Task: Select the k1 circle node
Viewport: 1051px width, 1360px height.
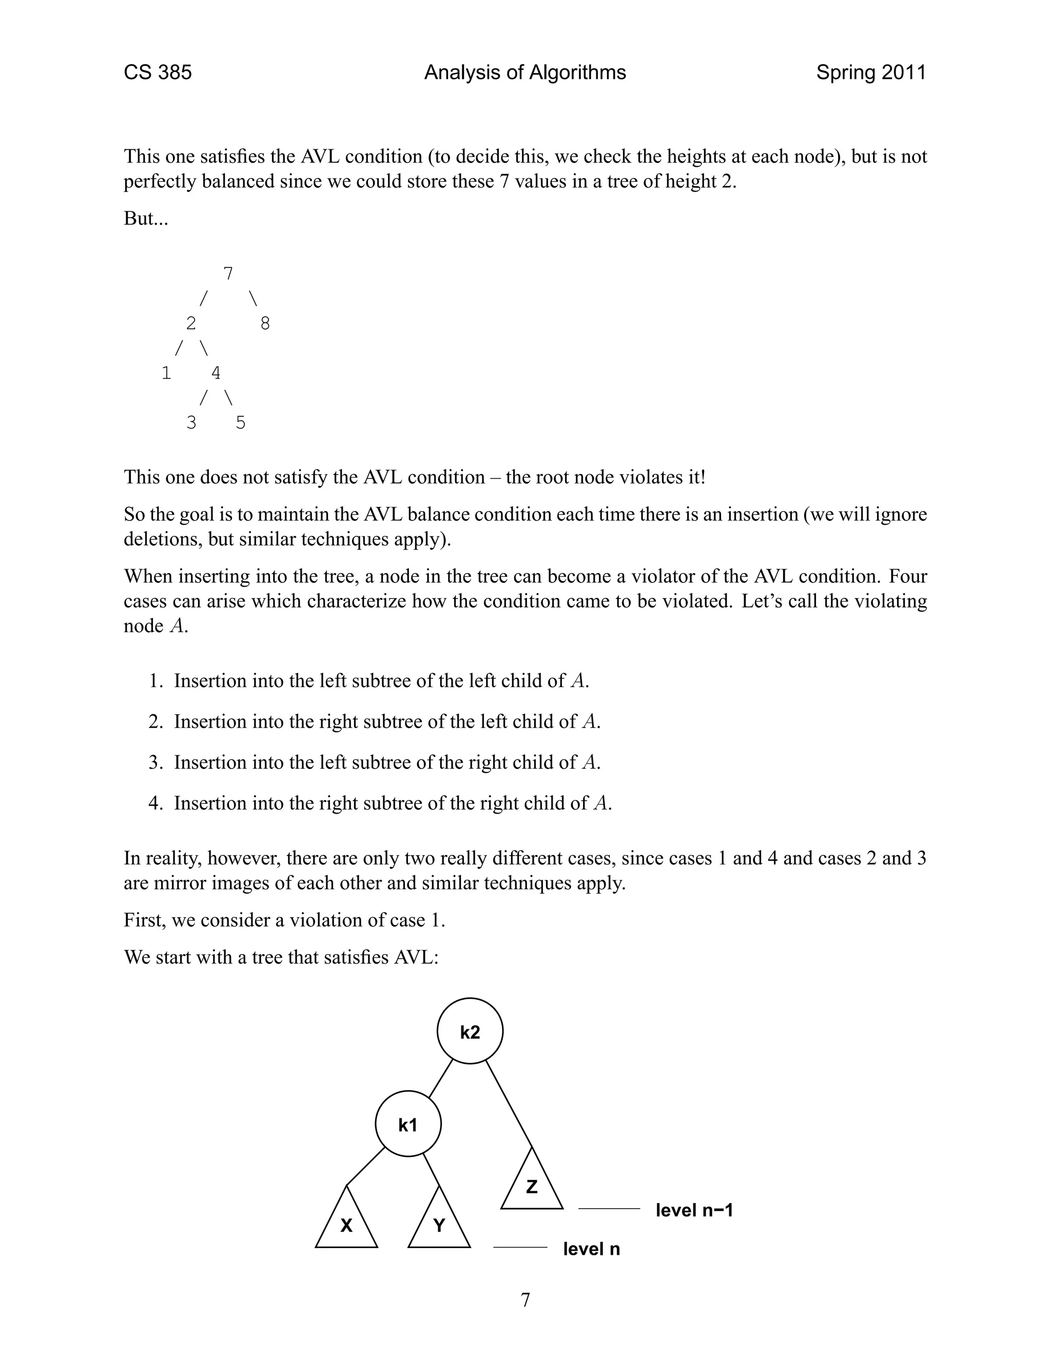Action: (x=408, y=1124)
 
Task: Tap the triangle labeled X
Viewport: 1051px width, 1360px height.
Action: (x=346, y=1223)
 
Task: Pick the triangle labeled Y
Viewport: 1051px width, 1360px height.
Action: (x=439, y=1223)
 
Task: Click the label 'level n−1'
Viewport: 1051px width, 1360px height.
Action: (x=694, y=1210)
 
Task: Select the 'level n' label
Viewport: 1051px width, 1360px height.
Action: (x=591, y=1249)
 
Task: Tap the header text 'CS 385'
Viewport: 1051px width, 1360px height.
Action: (x=158, y=73)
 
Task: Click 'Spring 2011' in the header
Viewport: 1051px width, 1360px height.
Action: (x=870, y=73)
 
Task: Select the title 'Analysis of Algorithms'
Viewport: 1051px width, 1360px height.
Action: (x=525, y=73)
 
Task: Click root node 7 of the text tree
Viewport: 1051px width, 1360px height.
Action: (x=228, y=274)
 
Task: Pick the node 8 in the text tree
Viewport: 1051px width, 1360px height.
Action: (x=265, y=323)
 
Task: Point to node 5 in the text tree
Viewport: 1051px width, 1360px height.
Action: (x=240, y=423)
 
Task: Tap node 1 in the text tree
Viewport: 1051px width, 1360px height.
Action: (x=166, y=373)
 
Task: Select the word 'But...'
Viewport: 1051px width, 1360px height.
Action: (x=146, y=219)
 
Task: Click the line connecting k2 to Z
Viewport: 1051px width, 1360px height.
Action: (x=509, y=1103)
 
